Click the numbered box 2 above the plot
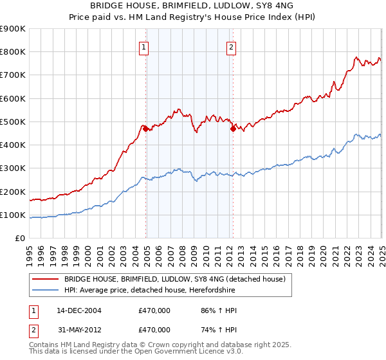(230, 46)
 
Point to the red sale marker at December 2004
(146, 129)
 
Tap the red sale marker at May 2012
(233, 129)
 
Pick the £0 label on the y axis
(21, 238)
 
